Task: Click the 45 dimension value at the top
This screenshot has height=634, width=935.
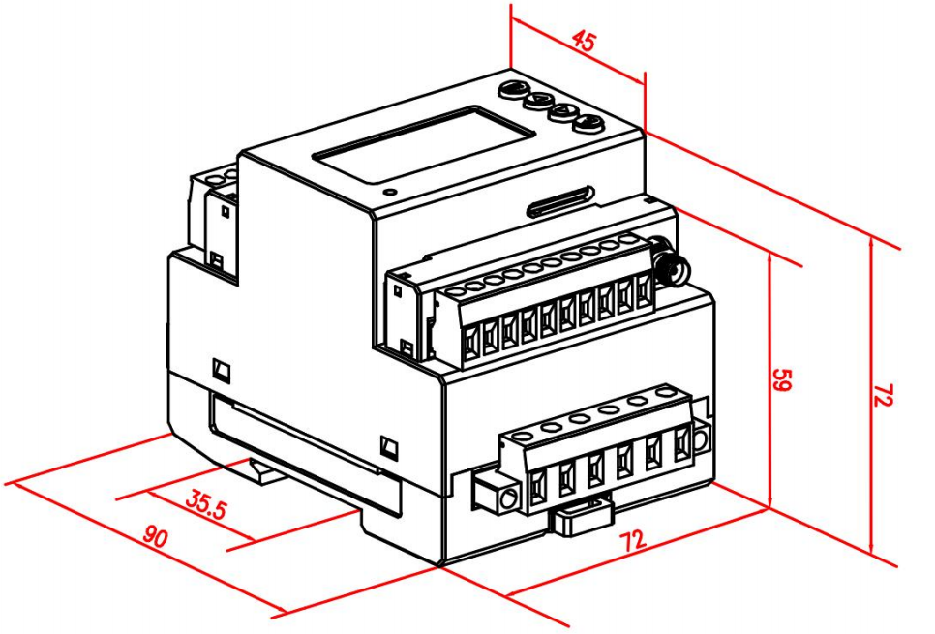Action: point(584,42)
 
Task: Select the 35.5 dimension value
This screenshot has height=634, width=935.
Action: point(206,504)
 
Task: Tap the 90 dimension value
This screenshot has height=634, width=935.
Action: point(156,537)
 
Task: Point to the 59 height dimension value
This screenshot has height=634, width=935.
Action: point(781,379)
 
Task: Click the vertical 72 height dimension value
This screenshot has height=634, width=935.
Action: point(883,395)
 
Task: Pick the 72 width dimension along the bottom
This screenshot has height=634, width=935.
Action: point(633,540)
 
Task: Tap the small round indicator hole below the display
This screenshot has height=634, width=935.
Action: point(390,192)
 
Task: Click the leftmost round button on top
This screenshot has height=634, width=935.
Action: point(513,89)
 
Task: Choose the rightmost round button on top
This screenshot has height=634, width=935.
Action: point(588,124)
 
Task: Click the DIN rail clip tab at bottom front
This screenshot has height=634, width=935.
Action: point(582,517)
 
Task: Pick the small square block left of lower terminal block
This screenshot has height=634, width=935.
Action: point(494,492)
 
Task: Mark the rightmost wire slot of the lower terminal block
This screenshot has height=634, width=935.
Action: point(682,445)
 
